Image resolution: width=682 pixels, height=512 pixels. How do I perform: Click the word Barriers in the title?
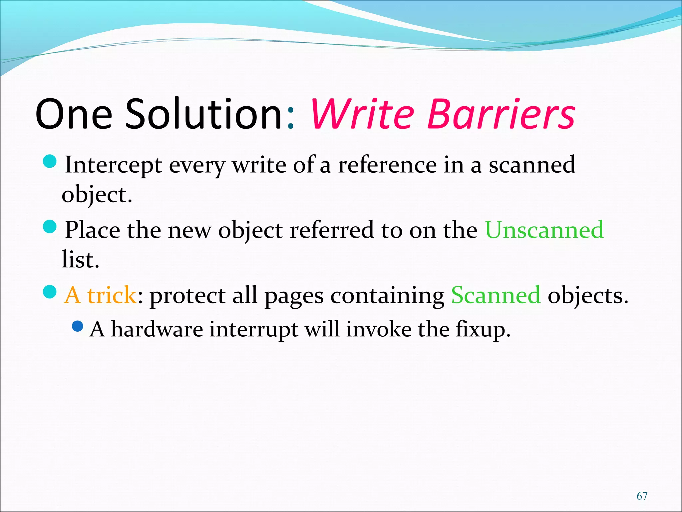pyautogui.click(x=501, y=114)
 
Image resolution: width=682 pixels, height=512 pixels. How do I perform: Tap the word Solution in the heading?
pyautogui.click(x=204, y=114)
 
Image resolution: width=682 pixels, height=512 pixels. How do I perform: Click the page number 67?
pyautogui.click(x=642, y=496)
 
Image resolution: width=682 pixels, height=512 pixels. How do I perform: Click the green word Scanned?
pyautogui.click(x=496, y=295)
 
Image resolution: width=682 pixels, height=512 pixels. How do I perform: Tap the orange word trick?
pyautogui.click(x=112, y=295)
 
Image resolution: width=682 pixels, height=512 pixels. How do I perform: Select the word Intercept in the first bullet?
pyautogui.click(x=113, y=165)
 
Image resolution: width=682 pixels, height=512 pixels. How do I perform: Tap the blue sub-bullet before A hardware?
pyautogui.click(x=78, y=326)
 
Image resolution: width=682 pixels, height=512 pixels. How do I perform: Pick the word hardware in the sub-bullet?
pyautogui.click(x=157, y=329)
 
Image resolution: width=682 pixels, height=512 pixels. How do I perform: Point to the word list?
pyautogui.click(x=80, y=260)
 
